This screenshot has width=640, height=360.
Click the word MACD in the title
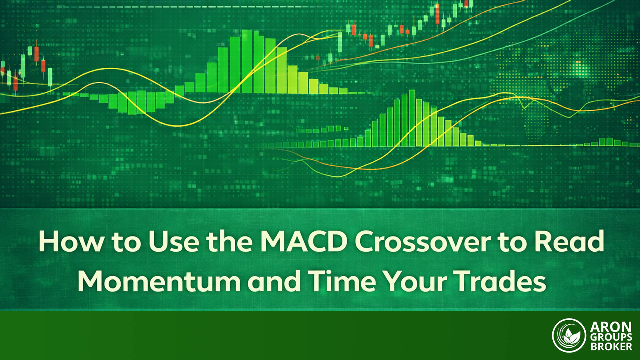(x=303, y=241)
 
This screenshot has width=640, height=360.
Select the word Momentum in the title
(x=159, y=281)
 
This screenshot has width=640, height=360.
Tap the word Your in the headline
(x=415, y=281)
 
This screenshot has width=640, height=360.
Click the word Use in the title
(x=174, y=241)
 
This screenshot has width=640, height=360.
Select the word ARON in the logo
(x=611, y=327)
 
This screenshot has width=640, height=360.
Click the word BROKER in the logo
(x=611, y=347)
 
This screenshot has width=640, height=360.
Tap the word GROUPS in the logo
(x=611, y=337)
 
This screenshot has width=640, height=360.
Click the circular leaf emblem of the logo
(x=569, y=335)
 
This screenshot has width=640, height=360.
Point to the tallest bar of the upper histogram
(x=247, y=61)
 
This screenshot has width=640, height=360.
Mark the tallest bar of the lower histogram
(x=412, y=118)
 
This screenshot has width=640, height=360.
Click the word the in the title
(x=230, y=241)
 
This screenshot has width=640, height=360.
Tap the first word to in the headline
(x=126, y=242)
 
